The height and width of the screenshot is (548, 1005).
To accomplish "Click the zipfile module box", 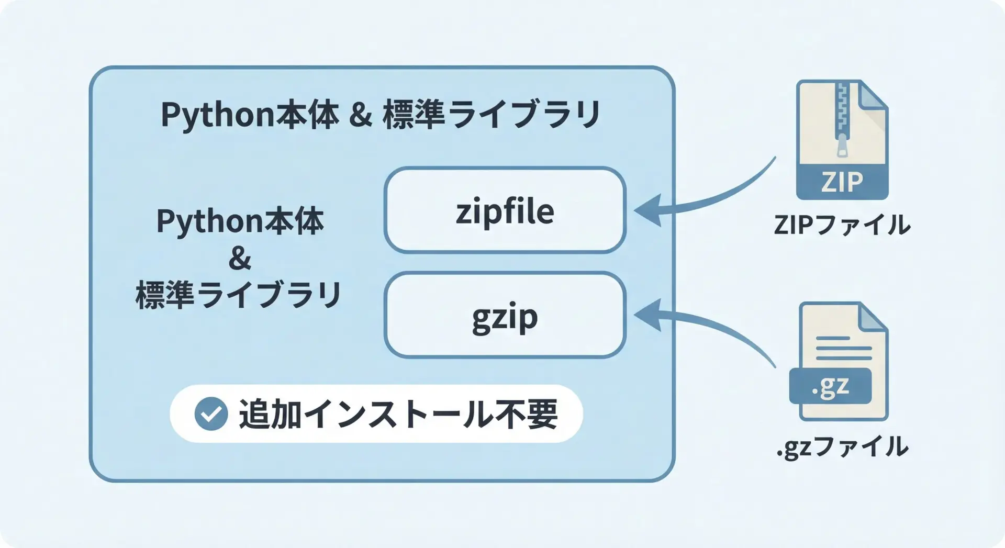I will point(505,210).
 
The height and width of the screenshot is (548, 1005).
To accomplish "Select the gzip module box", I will point(505,315).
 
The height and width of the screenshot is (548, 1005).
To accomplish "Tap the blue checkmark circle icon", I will point(211,413).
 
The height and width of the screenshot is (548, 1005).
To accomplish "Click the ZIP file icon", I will point(842,140).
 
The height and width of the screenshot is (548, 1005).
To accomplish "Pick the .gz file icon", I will point(842,361).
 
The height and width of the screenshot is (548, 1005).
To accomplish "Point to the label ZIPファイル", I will point(842,225).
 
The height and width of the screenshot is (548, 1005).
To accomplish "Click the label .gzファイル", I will point(842,448).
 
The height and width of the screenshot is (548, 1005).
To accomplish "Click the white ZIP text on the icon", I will point(842,182).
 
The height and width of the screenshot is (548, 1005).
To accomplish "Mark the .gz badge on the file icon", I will point(830,386).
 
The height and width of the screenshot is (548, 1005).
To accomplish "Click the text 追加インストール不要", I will point(398,415).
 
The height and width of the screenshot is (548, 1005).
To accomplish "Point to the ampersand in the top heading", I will point(361,115).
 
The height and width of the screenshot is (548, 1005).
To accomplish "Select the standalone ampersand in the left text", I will point(240,258).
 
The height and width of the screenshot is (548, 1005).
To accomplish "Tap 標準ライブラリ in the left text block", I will point(239,295).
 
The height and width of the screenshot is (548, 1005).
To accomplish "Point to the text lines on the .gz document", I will point(843,348).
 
